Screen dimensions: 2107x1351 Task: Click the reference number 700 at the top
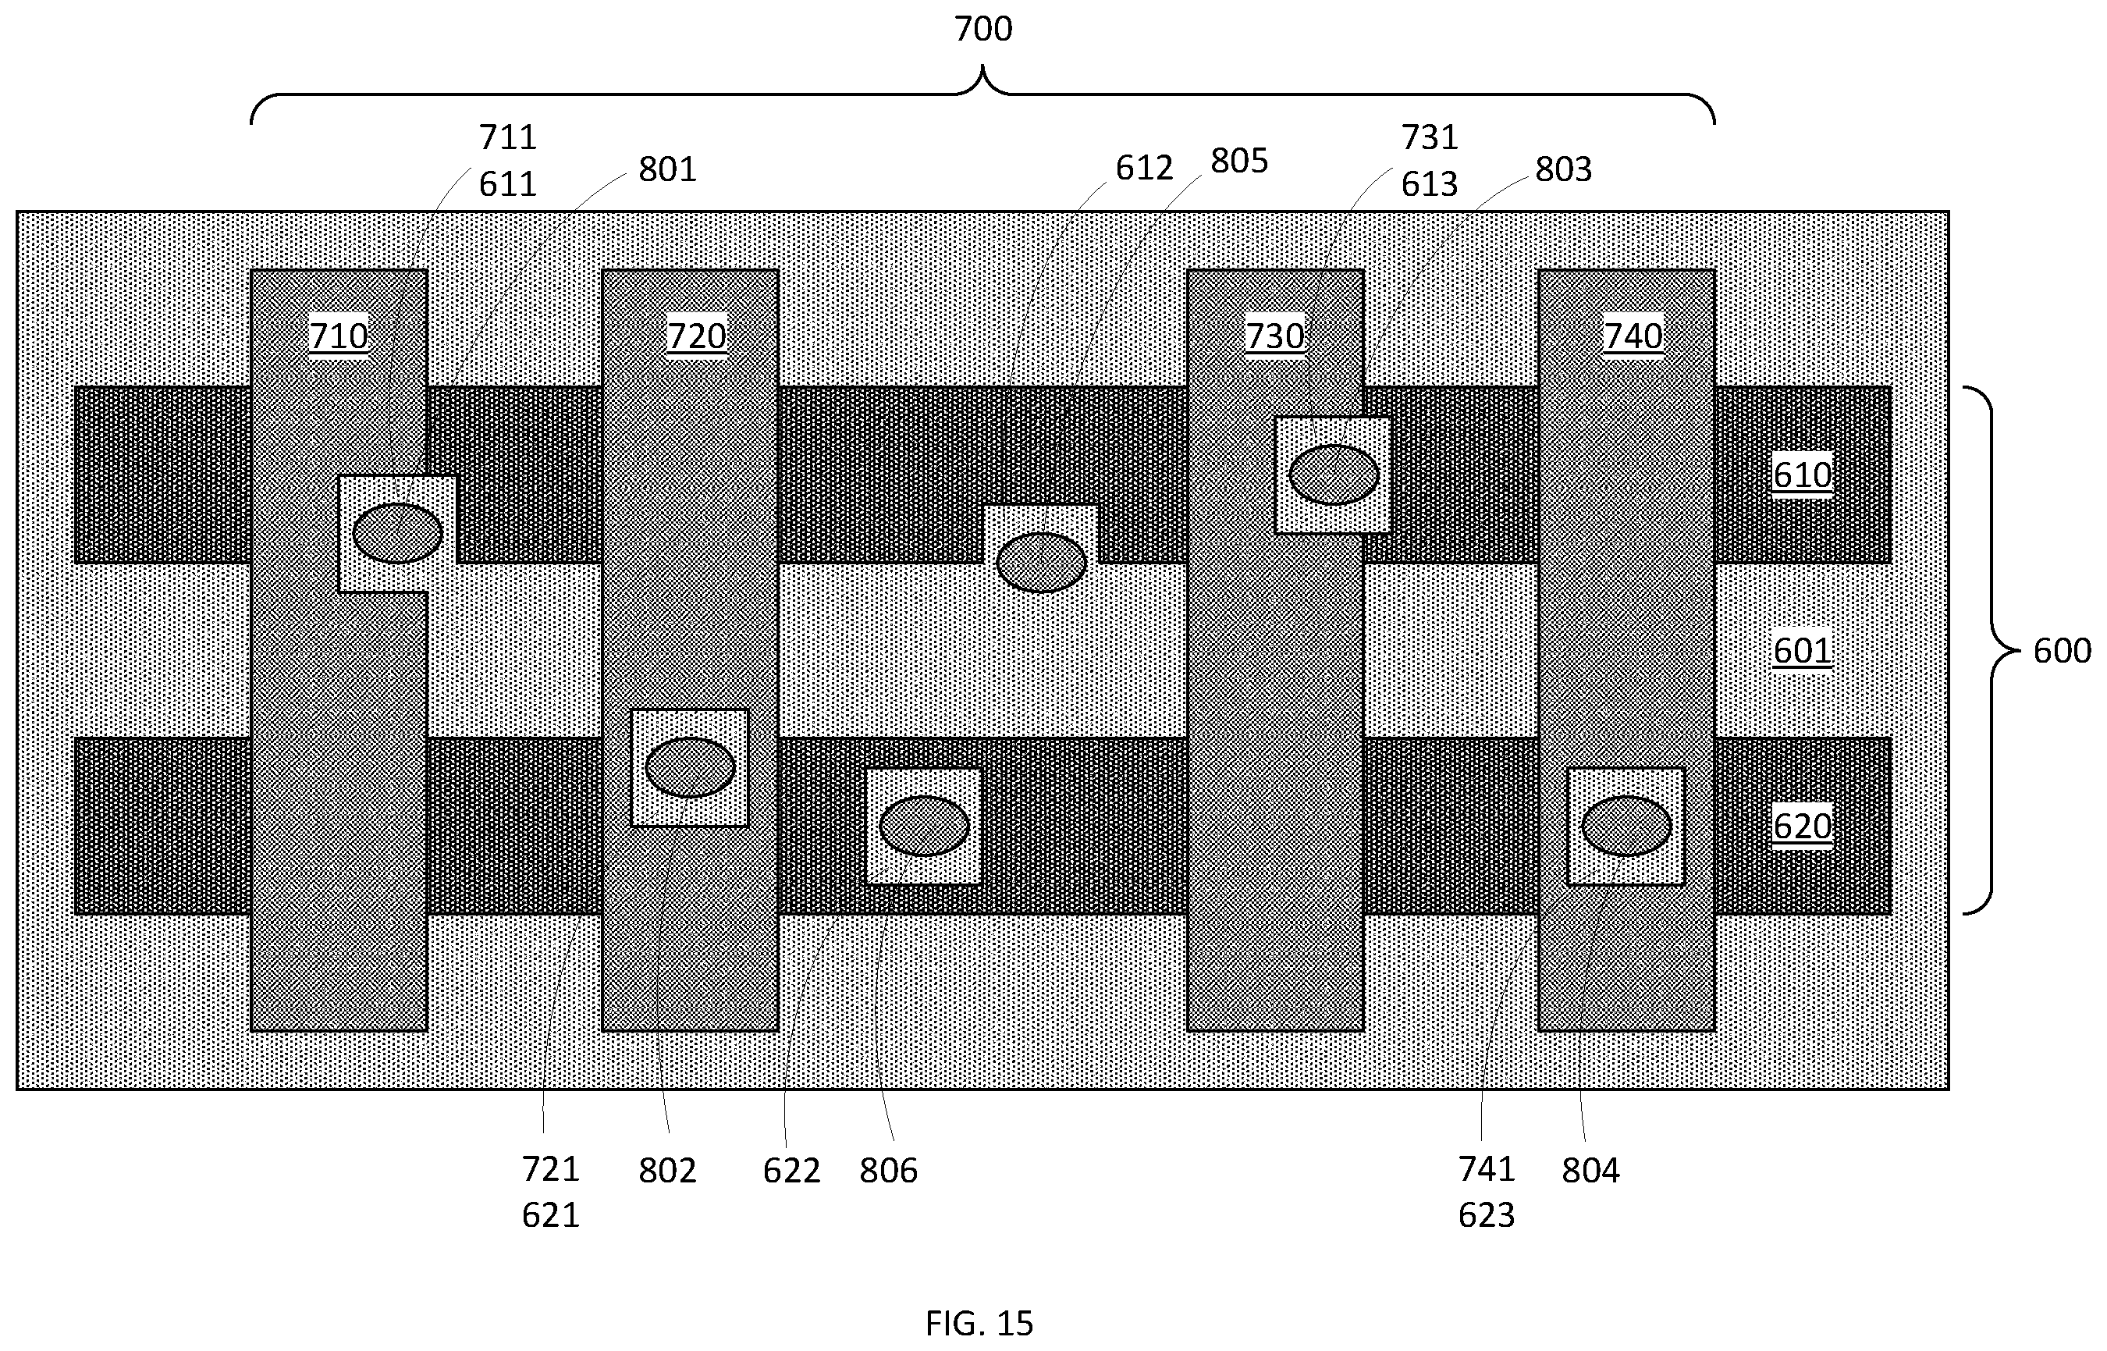point(982,29)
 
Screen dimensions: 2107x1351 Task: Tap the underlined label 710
point(339,336)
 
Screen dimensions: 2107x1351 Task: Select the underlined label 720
point(697,336)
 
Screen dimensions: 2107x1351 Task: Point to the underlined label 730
point(1274,336)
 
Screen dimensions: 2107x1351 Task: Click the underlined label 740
point(1633,336)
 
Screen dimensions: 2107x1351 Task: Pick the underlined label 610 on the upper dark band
point(1803,475)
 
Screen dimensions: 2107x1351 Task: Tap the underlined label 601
point(1803,650)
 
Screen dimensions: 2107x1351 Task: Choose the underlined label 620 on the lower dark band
point(1803,826)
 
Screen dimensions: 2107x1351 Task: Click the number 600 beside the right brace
point(2062,650)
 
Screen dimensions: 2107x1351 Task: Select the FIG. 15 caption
point(979,1322)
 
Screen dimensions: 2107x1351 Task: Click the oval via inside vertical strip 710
point(397,533)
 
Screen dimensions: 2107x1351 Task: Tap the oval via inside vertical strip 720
point(690,768)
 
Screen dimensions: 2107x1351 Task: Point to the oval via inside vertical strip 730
point(1334,475)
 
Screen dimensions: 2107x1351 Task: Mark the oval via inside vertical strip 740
point(1626,827)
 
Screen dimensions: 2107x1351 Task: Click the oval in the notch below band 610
point(1041,564)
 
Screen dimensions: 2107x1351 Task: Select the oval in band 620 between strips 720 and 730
point(924,827)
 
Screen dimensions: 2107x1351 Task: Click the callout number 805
point(1238,161)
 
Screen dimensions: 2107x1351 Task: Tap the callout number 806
point(888,1170)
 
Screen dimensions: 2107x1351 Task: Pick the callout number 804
point(1590,1170)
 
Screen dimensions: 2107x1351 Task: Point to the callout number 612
point(1144,168)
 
